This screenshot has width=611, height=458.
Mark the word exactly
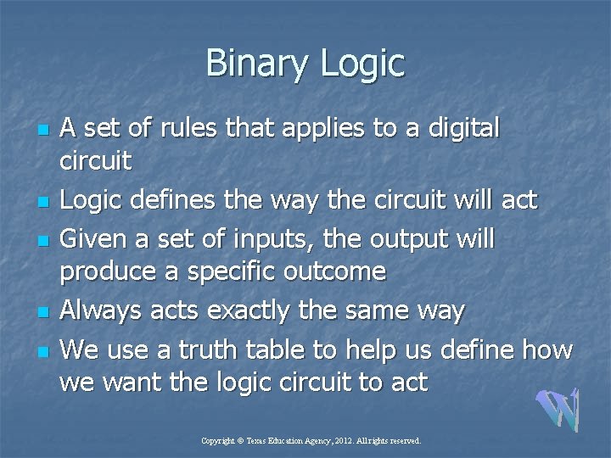[x=259, y=311]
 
